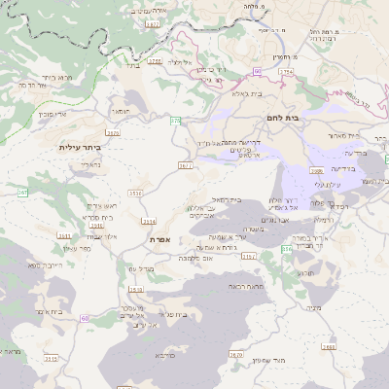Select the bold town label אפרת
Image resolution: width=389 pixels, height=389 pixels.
pos(160,238)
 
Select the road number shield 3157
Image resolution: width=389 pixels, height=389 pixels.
pos(249,257)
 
